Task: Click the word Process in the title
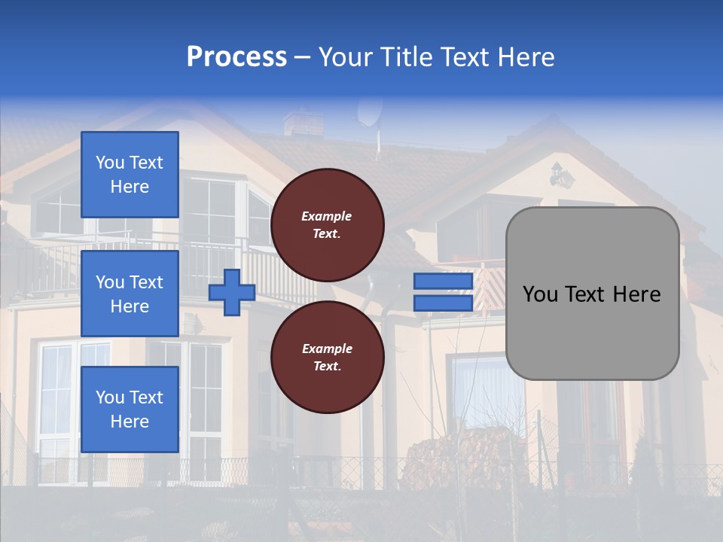point(236,57)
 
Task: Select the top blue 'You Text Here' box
point(130,175)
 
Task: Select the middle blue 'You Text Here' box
point(130,294)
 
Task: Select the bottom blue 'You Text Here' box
point(130,409)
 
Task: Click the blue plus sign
point(232,293)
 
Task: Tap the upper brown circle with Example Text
point(327,225)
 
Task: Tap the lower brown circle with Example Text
point(327,358)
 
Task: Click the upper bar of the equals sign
point(443,281)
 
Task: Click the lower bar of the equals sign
point(443,303)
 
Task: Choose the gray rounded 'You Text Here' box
point(592,294)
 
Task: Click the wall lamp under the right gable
point(560,176)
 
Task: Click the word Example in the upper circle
point(327,216)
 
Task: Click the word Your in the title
point(345,57)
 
